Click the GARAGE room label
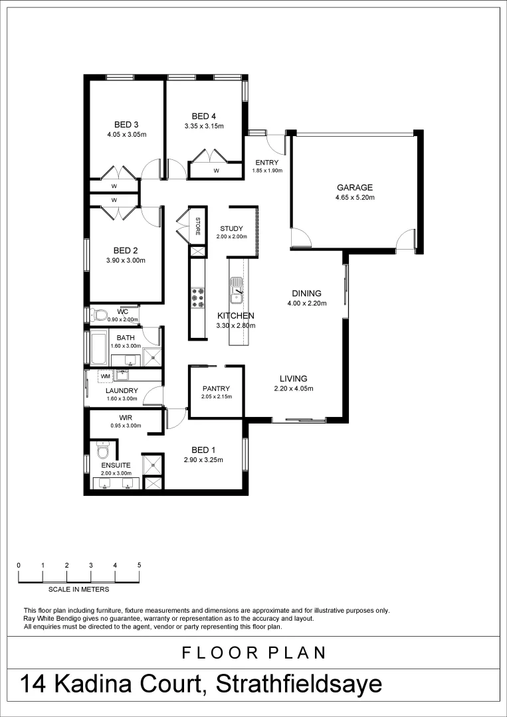[354, 187]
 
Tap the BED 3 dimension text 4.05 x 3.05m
[126, 134]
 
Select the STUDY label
[231, 228]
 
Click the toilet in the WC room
[100, 315]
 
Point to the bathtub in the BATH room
[98, 347]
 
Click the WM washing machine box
[105, 376]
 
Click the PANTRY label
[216, 388]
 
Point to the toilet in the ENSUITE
[102, 452]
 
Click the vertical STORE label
[197, 226]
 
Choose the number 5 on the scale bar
[140, 565]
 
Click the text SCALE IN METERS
[78, 589]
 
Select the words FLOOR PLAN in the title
[254, 653]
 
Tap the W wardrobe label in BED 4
[216, 171]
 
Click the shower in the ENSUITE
[153, 463]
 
